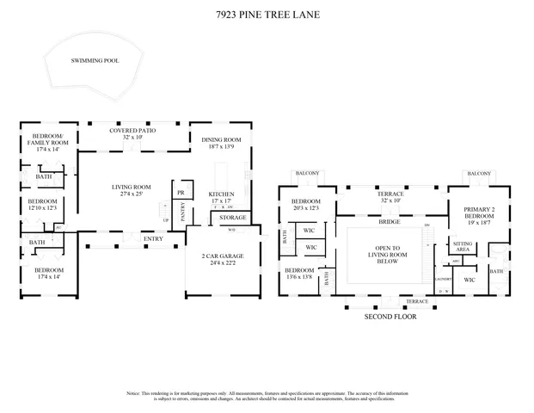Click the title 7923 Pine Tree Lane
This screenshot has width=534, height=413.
tap(267, 14)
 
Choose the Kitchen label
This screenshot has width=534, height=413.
tap(221, 198)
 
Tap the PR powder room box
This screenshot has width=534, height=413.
tap(181, 193)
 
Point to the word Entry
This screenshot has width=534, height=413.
tap(154, 239)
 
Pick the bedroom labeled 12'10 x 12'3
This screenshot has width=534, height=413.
tap(42, 204)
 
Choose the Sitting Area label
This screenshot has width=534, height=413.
tap(462, 247)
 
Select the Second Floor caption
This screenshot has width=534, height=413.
tap(390, 316)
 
